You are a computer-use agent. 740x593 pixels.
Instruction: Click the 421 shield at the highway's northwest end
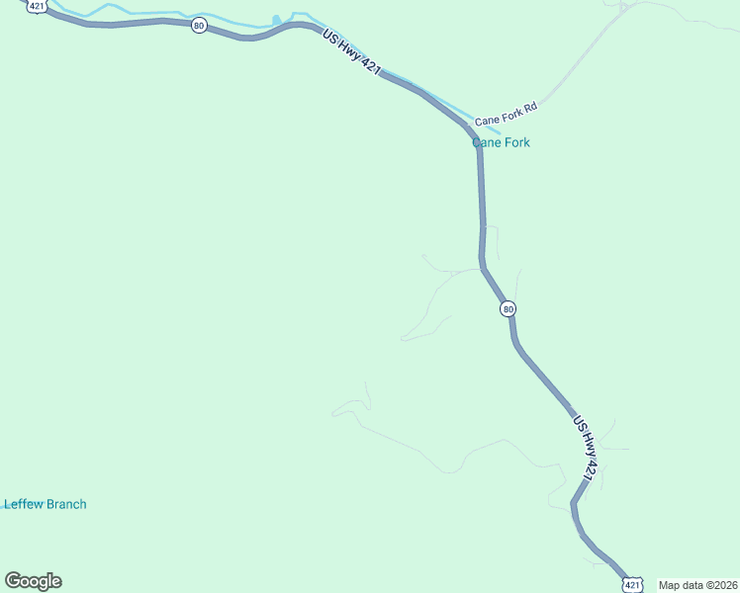point(37,6)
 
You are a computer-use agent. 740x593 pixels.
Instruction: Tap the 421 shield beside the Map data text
point(630,585)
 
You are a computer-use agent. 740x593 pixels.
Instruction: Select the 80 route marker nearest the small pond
point(199,25)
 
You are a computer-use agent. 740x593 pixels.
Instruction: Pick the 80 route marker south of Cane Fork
point(508,308)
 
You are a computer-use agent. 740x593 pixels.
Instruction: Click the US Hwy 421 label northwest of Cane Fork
point(351,55)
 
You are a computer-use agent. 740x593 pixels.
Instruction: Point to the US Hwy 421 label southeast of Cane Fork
point(585,450)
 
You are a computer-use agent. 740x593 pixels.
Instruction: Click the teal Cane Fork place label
point(501,142)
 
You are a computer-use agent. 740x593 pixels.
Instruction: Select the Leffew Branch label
point(46,504)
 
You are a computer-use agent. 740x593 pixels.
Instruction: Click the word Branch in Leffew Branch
point(66,504)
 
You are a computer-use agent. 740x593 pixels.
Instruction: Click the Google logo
point(33,581)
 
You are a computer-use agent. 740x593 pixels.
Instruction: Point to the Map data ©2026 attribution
point(697,585)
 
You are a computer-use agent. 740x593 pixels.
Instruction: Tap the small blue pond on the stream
point(276,20)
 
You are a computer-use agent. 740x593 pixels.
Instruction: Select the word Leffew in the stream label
point(24,504)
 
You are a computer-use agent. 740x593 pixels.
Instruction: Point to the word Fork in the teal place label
point(516,142)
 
